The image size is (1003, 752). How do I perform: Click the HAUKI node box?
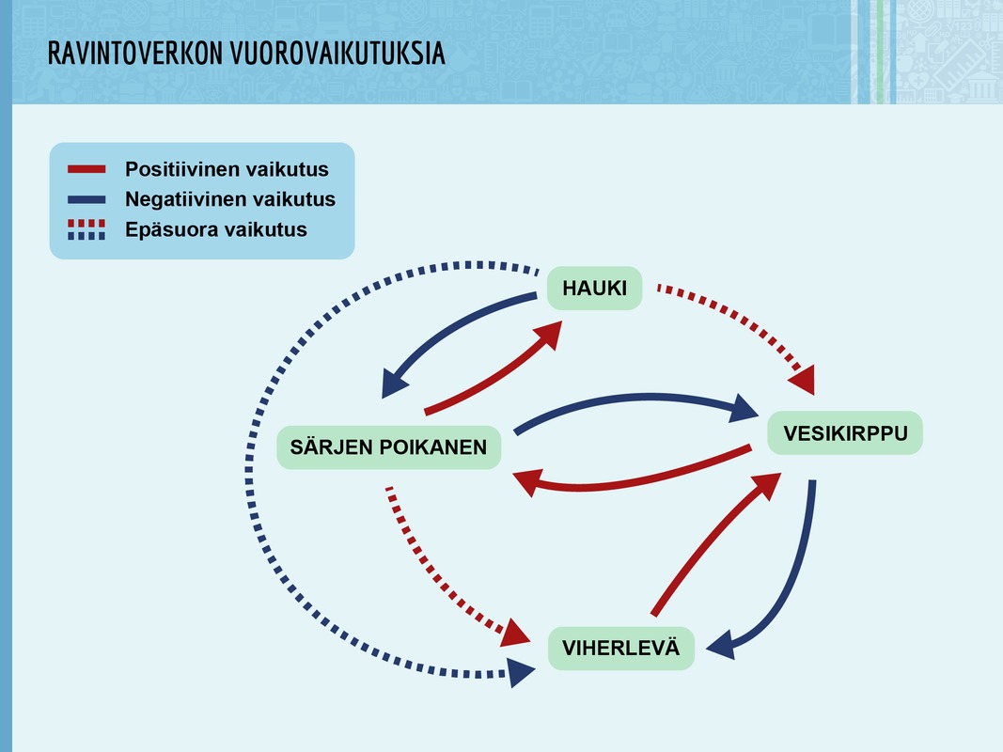click(x=594, y=289)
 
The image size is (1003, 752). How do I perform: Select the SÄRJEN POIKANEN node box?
click(x=388, y=447)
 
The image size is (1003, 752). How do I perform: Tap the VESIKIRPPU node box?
click(x=845, y=433)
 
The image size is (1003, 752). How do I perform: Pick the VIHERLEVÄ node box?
click(x=620, y=648)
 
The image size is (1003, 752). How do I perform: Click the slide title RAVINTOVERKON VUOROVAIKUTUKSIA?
click(x=246, y=54)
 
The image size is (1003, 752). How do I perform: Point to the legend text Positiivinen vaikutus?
click(x=227, y=169)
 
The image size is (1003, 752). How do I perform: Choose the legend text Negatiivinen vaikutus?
click(x=230, y=199)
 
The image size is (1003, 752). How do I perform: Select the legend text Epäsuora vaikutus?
click(x=216, y=229)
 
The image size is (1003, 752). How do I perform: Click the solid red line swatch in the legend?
click(x=86, y=169)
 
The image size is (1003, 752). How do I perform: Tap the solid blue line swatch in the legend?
click(x=86, y=199)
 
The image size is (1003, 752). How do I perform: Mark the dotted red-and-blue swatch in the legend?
click(x=86, y=229)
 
